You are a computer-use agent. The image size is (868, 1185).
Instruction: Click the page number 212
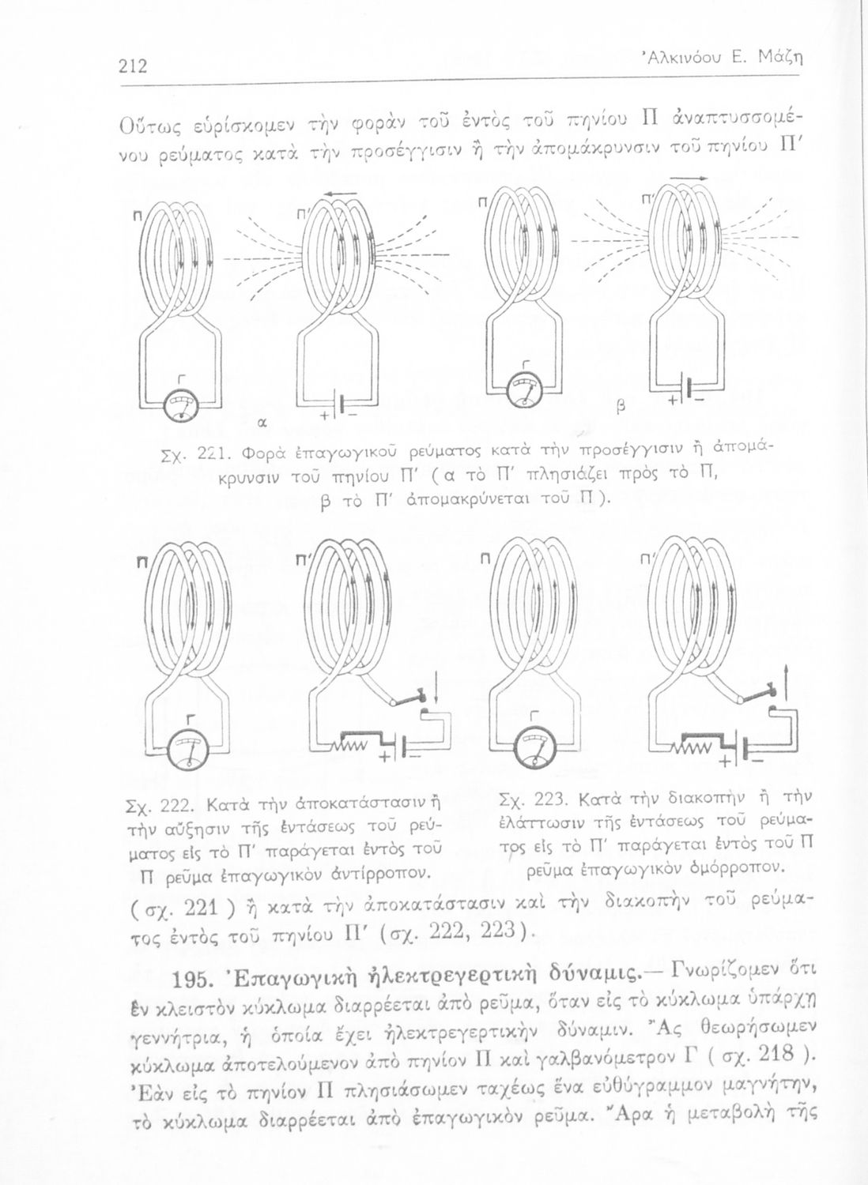[x=134, y=66]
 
